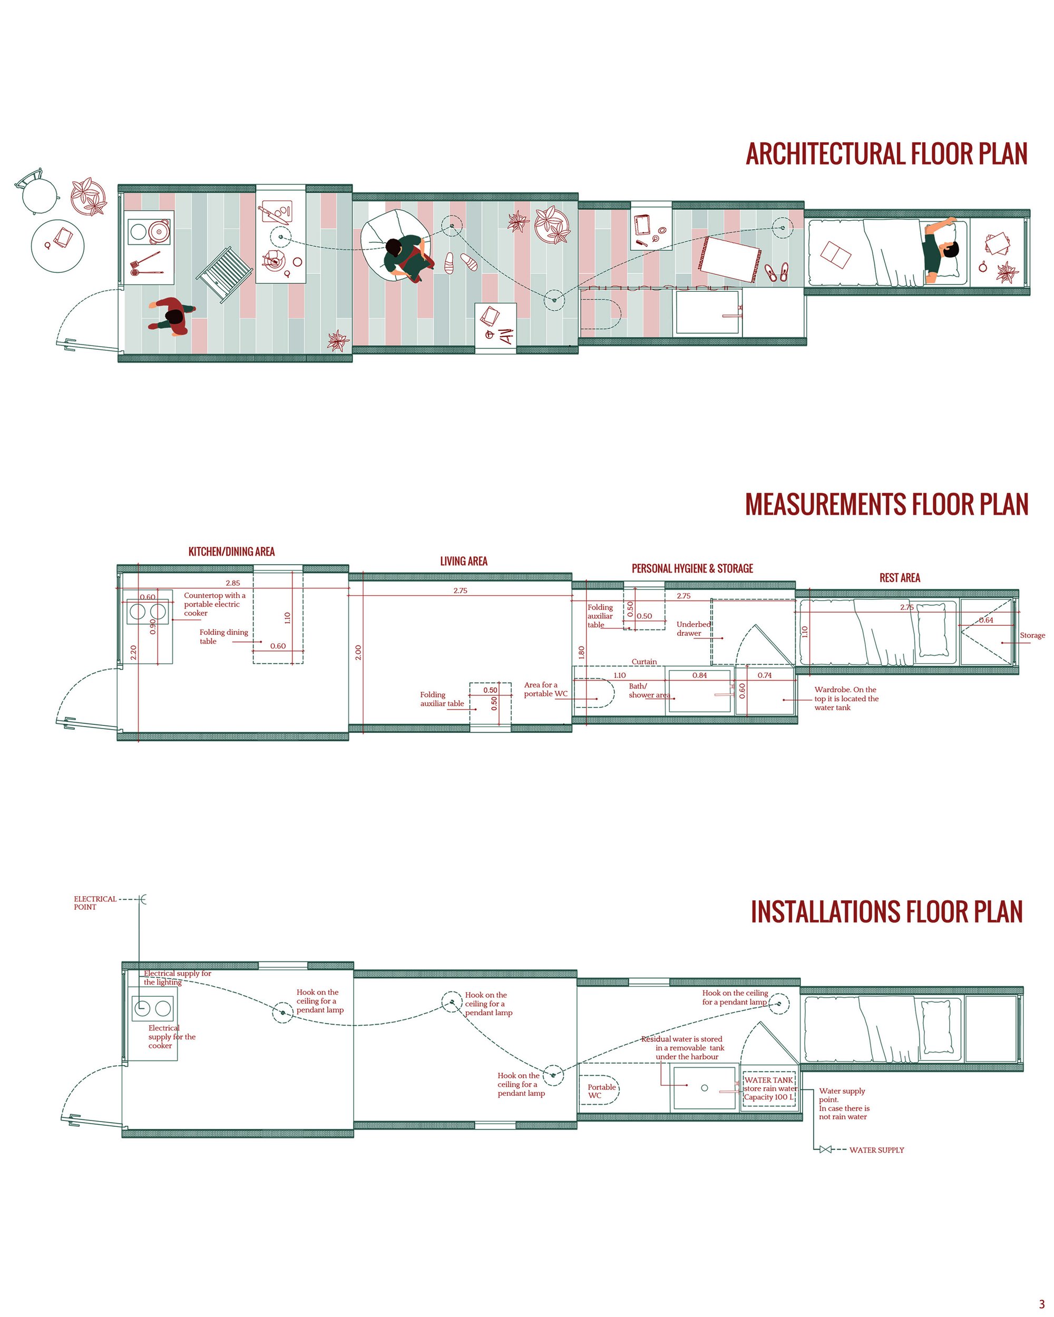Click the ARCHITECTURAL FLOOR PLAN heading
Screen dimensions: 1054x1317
point(886,154)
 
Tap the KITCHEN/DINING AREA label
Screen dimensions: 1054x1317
point(231,552)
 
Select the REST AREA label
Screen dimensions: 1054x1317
point(900,578)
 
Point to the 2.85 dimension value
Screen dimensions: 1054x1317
point(233,583)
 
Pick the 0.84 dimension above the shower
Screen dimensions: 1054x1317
point(700,675)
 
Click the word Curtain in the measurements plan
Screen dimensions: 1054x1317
point(644,662)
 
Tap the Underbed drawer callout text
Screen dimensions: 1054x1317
point(694,628)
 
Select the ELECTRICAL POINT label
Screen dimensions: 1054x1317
point(95,903)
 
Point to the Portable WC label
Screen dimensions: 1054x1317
point(601,1091)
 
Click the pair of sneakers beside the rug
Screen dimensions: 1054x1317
point(777,272)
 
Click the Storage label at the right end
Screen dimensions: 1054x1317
point(1032,635)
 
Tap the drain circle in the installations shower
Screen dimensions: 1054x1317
point(705,1088)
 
